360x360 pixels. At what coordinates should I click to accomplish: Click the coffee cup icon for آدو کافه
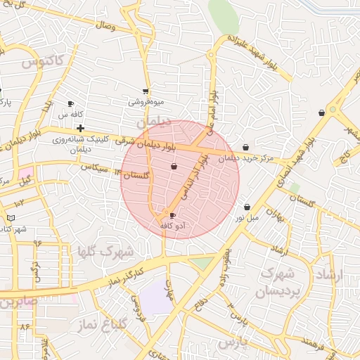[x=174, y=216]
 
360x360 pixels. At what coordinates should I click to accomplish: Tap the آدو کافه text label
[x=173, y=226]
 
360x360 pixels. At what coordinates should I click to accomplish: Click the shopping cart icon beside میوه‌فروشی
[x=146, y=91]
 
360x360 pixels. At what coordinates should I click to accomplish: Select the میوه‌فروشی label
[x=146, y=101]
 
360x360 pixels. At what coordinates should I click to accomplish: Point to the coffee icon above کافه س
[x=70, y=104]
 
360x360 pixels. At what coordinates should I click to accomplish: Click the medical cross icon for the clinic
[x=81, y=128]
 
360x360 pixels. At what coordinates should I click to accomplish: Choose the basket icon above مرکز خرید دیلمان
[x=245, y=148]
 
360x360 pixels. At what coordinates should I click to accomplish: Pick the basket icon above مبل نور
[x=247, y=207]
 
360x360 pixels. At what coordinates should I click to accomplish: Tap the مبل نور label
[x=247, y=217]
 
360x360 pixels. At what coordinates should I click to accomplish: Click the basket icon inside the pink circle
[x=174, y=167]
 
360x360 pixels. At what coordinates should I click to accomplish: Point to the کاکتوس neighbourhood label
[x=42, y=61]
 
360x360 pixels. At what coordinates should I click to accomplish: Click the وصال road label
[x=103, y=26]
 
